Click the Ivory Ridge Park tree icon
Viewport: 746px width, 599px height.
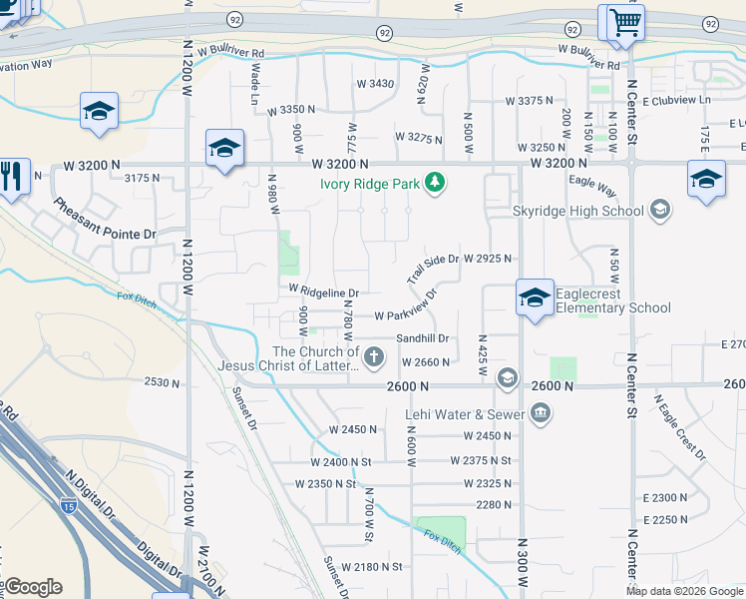click(434, 183)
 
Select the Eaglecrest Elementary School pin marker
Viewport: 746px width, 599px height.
click(535, 299)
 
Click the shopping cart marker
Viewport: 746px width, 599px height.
click(624, 22)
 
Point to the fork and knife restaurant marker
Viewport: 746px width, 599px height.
click(11, 176)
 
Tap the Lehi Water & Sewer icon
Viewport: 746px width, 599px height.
click(541, 413)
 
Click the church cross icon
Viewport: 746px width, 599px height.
click(374, 356)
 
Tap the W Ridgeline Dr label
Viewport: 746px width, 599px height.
click(323, 292)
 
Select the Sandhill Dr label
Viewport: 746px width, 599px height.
click(423, 338)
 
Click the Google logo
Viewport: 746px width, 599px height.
click(33, 587)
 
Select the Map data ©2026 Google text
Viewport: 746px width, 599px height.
click(684, 591)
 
